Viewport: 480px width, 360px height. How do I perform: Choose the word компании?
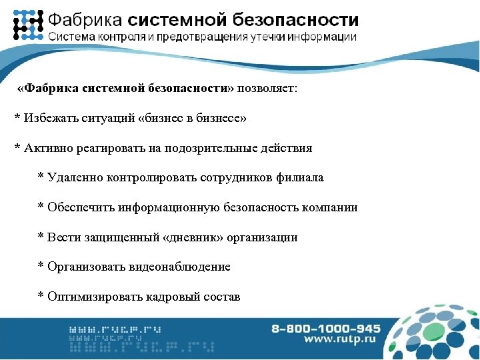[331, 207]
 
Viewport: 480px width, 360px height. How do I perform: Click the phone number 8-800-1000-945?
[326, 329]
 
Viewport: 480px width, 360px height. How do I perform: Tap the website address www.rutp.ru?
[342, 340]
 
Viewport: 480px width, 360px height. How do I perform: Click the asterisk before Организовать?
[41, 267]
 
